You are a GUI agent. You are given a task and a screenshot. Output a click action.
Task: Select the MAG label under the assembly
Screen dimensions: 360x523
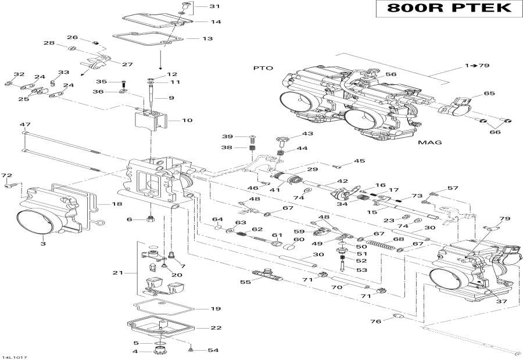[x=431, y=142]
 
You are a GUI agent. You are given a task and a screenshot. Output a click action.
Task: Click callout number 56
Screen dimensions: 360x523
[x=391, y=75]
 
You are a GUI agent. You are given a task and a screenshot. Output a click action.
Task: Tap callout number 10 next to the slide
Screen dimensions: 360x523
[x=187, y=121]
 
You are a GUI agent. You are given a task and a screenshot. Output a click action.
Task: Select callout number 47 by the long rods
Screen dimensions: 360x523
[x=25, y=125]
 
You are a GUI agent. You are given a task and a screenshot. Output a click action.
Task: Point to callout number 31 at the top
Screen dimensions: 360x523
[x=199, y=7]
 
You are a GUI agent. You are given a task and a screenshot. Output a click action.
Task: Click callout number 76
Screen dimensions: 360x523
[x=376, y=321]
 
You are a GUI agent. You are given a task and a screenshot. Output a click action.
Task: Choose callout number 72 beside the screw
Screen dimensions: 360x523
[x=6, y=175]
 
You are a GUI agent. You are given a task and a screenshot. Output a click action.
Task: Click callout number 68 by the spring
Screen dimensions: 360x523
[x=398, y=239]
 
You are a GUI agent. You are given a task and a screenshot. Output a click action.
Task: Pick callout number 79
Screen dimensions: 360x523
[x=504, y=219]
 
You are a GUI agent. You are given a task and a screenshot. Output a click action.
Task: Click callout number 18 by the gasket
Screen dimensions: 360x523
[x=116, y=204]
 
